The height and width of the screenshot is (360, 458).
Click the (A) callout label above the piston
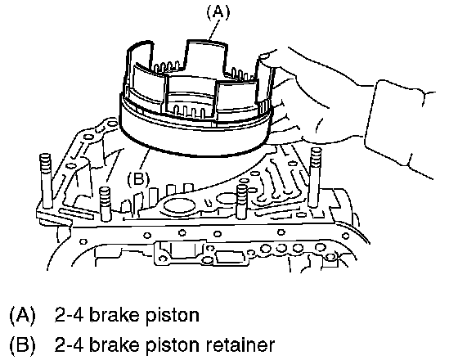click(x=218, y=12)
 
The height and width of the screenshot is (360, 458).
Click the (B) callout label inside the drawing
click(x=138, y=178)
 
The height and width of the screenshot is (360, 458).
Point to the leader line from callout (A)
click(x=214, y=30)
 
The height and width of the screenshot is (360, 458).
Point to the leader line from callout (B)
click(x=145, y=160)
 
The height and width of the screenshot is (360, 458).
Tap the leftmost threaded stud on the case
click(x=46, y=181)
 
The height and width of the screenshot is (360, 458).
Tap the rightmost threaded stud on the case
click(x=316, y=177)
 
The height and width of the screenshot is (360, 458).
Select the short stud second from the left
click(x=106, y=204)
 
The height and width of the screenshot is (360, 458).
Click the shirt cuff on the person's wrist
click(x=399, y=128)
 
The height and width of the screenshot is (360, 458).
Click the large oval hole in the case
click(x=180, y=206)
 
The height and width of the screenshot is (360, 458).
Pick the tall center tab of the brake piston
click(x=206, y=56)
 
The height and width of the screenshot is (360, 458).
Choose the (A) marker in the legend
click(x=23, y=316)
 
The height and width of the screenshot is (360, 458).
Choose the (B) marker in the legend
click(x=23, y=344)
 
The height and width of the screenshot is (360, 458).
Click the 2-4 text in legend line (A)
click(x=70, y=316)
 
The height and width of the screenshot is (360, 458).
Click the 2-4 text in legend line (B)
click(x=70, y=344)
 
